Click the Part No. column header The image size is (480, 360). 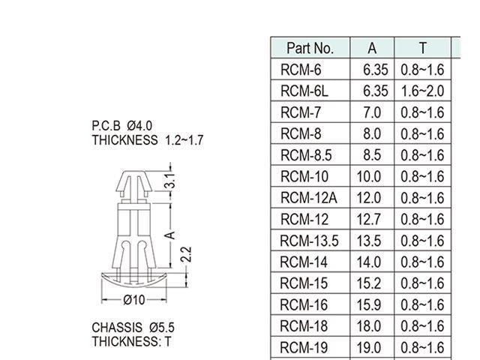click(310, 48)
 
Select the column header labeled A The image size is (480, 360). click(372, 48)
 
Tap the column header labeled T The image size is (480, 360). click(422, 48)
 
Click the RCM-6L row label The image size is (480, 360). click(304, 91)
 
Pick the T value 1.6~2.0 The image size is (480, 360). click(422, 91)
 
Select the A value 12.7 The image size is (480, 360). click(372, 220)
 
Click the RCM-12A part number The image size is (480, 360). click(308, 198)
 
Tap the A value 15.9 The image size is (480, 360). click(372, 305)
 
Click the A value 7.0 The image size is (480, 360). click(372, 112)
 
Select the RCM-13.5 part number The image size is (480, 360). click(309, 241)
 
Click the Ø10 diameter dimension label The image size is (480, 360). click(133, 300)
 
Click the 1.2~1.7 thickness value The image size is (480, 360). click(184, 139)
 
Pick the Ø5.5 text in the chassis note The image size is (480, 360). click(161, 328)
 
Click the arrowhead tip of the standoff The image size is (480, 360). click(133, 175)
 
